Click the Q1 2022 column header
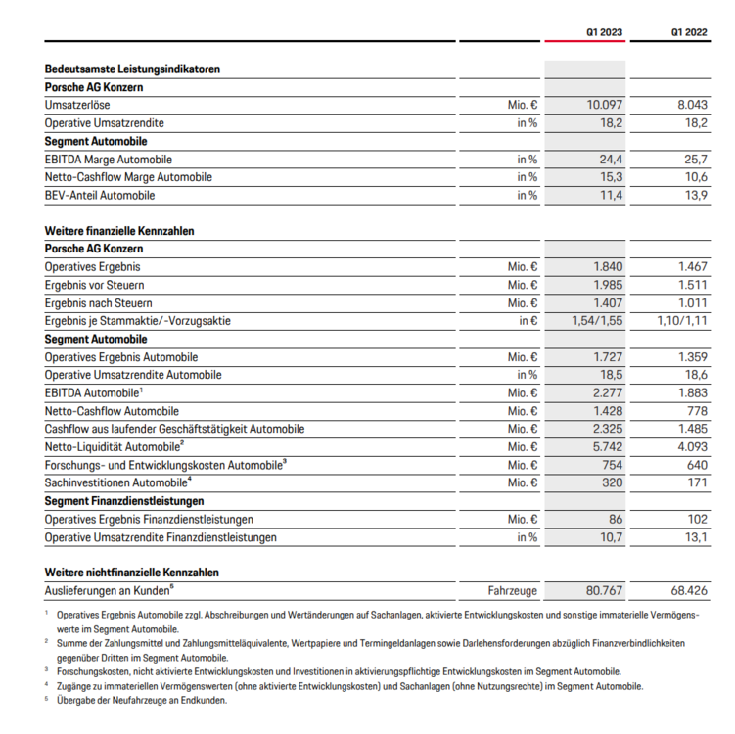pos(689,31)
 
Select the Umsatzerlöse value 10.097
pos(605,105)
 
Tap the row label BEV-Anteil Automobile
pos(100,195)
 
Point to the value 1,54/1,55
pos(596,321)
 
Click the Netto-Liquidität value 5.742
pos(607,447)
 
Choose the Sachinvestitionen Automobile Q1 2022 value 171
pos(696,483)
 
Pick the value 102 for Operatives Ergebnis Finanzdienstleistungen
pos(696,519)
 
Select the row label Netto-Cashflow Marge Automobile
pos(128,177)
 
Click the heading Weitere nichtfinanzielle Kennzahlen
pos(132,573)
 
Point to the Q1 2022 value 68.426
pos(687,591)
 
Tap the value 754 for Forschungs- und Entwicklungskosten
pos(611,465)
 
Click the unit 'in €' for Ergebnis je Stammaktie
pos(528,321)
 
